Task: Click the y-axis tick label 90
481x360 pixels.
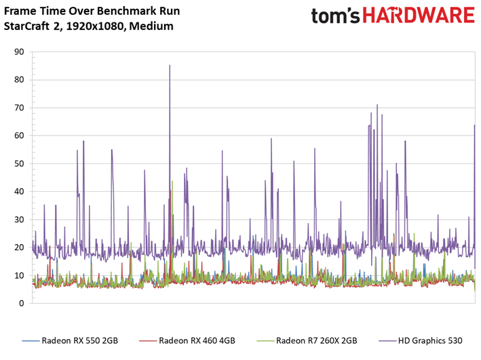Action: click(19, 52)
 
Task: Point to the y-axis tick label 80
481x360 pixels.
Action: click(19, 80)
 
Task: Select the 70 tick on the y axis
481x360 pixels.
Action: click(19, 108)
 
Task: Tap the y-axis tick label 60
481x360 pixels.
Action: click(19, 136)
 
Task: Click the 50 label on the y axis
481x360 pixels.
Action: click(19, 163)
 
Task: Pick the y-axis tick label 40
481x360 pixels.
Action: click(19, 192)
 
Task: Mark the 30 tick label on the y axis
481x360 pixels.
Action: click(19, 220)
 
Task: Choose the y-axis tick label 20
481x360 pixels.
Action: click(19, 247)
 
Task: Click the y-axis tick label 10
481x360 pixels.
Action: click(19, 275)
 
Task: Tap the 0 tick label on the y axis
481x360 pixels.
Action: click(22, 303)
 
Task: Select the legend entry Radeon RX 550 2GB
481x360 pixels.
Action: click(70, 341)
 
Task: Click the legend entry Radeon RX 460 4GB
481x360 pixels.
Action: click(187, 341)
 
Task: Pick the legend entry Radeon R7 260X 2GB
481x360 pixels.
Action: click(307, 341)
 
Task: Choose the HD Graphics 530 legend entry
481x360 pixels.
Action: click(421, 341)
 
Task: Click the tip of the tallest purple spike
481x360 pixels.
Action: click(170, 65)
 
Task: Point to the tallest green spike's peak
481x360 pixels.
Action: click(172, 181)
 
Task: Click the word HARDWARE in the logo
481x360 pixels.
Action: click(419, 16)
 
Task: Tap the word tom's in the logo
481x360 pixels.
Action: click(335, 16)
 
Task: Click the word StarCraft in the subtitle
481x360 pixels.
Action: click(26, 26)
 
